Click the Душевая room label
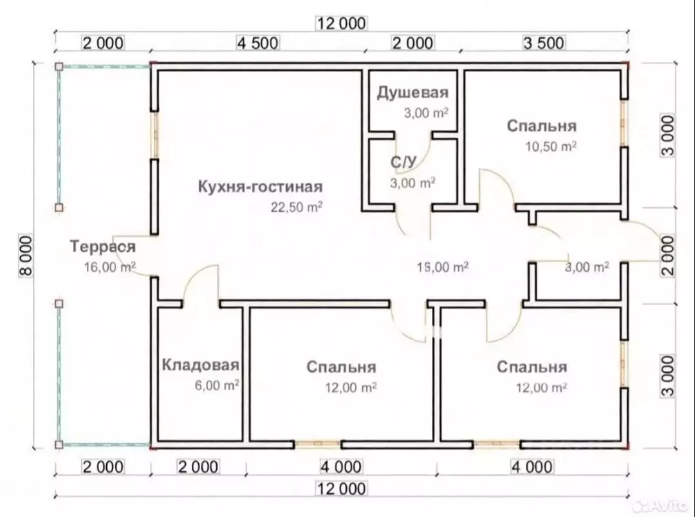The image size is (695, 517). [x=412, y=93]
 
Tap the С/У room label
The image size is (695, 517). [x=403, y=162]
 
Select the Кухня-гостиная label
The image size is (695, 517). [x=260, y=187]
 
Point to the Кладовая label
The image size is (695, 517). [x=200, y=365]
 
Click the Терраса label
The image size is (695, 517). [x=103, y=247]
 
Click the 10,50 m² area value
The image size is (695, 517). [x=551, y=146]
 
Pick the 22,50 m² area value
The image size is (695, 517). [x=297, y=207]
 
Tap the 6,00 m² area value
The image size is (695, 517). [x=218, y=385]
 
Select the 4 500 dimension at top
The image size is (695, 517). [x=258, y=43]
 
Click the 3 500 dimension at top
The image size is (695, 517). [x=544, y=43]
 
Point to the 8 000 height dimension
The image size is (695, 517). [x=26, y=256]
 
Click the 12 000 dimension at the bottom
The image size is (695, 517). [x=341, y=489]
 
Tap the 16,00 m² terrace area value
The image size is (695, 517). [x=110, y=267]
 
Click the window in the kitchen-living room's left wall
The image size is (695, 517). [x=154, y=135]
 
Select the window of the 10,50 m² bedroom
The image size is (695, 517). [x=624, y=123]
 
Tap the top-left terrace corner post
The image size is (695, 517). [x=59, y=66]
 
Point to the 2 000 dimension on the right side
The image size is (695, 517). [x=668, y=256]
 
